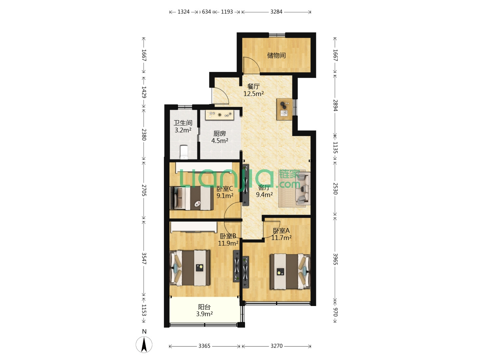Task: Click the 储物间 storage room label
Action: (276, 55)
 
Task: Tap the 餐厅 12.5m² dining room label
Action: (253, 90)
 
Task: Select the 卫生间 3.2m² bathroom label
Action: (183, 127)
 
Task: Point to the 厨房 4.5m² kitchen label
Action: (220, 137)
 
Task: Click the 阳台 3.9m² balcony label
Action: (204, 310)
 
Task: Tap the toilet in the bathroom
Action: (184, 152)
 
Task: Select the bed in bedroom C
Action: (192, 198)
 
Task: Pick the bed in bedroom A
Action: (290, 271)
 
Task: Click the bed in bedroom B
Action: (190, 268)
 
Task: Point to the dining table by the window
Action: (284, 109)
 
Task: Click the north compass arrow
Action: (144, 344)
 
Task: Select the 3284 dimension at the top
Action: (276, 12)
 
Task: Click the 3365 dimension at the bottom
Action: (204, 346)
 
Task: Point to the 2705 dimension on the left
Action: (144, 190)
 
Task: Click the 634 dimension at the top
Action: (206, 12)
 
